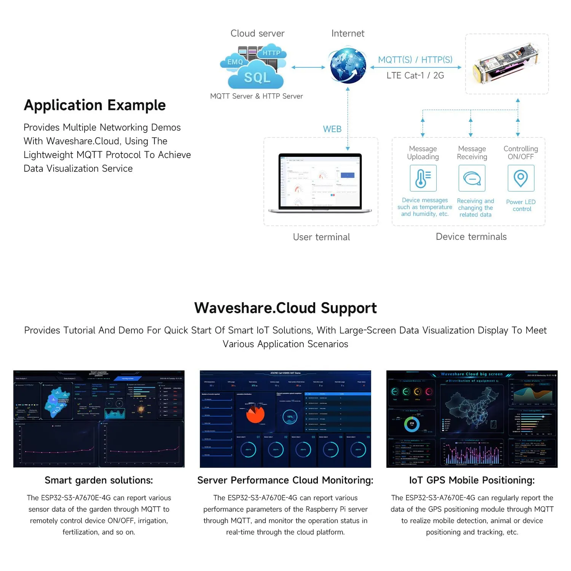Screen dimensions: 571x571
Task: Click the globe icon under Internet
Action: point(348,65)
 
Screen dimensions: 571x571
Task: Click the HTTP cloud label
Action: point(272,53)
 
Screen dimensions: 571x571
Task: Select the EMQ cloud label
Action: point(235,62)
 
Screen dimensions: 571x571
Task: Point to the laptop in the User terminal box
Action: point(321,183)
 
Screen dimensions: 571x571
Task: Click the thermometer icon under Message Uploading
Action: point(423,178)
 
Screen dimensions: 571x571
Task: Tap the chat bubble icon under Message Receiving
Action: point(472,178)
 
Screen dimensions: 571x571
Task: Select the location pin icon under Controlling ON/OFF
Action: point(521,178)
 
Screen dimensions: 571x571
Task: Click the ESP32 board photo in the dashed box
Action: point(506,64)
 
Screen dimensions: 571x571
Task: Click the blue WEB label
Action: point(332,129)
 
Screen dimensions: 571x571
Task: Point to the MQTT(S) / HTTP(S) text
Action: point(415,60)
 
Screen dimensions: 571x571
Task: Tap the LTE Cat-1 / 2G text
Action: point(415,75)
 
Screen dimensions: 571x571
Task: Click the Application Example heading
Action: point(95,105)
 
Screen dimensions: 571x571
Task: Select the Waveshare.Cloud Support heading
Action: point(285,308)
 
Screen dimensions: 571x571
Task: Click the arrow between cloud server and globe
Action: point(308,67)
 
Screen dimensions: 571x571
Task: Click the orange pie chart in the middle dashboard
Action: point(255,414)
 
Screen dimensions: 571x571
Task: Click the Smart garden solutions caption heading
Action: point(99,480)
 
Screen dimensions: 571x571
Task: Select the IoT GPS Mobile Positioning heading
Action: point(472,480)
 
